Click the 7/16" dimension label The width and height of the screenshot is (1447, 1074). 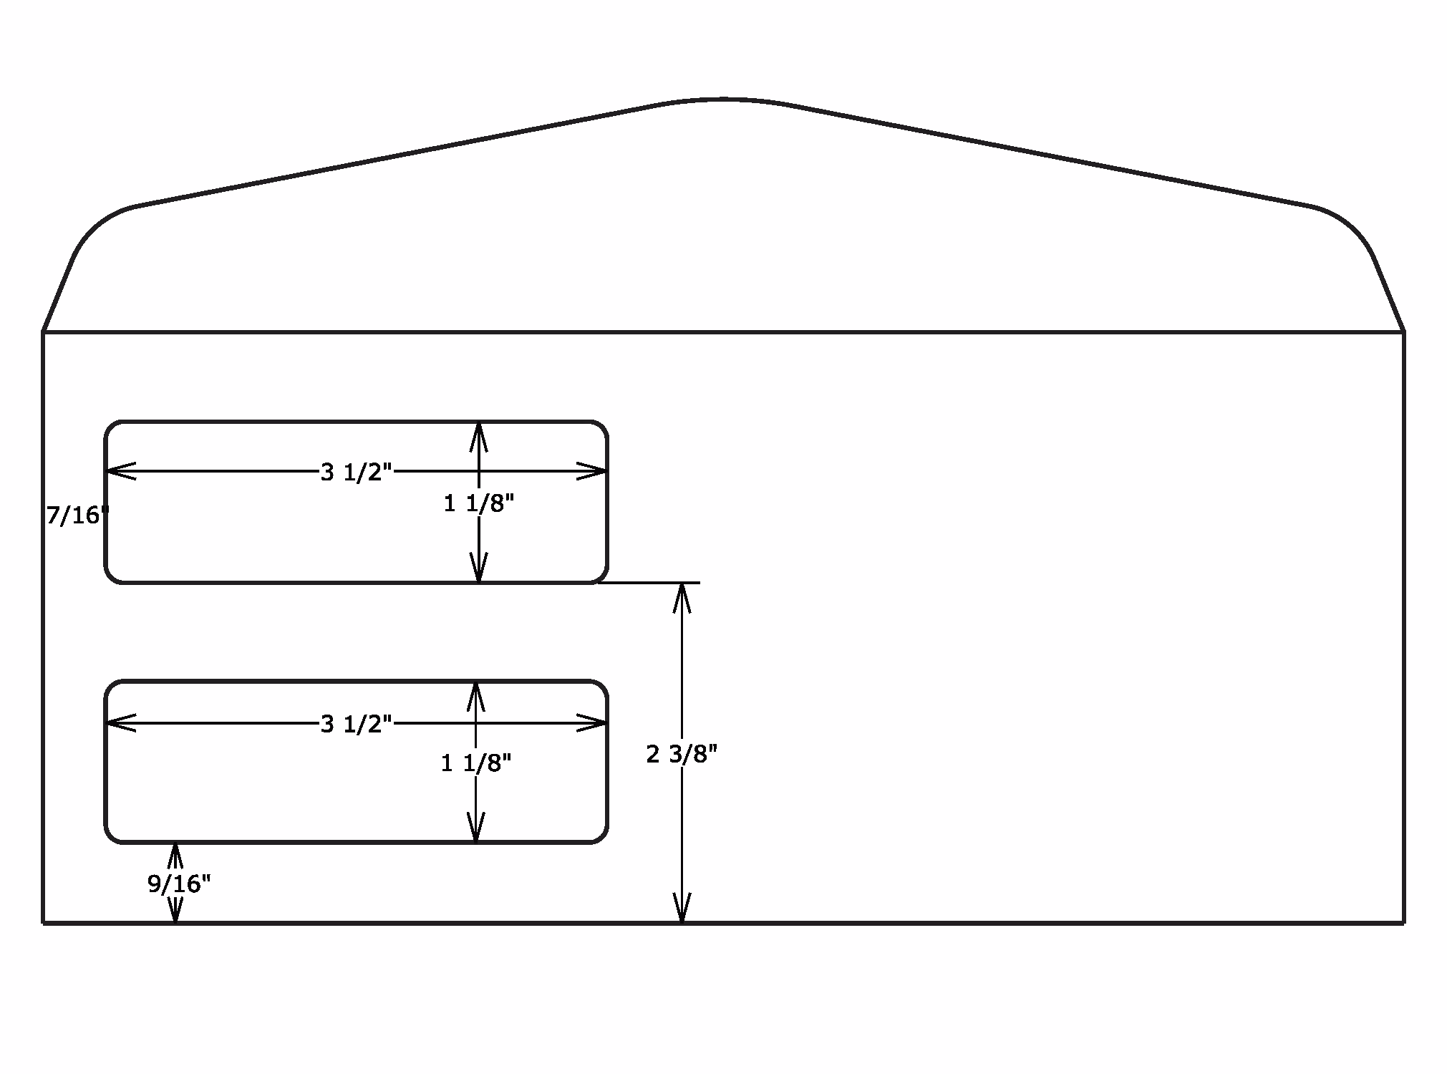point(77,516)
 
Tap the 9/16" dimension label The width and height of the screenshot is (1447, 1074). point(179,884)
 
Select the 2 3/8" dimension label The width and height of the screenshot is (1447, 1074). point(681,754)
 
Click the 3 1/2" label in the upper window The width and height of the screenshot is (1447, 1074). point(356,473)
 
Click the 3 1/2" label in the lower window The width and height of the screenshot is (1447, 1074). point(356,725)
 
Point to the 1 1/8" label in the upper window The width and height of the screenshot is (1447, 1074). point(478,504)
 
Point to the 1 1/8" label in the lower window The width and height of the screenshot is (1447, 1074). point(475,764)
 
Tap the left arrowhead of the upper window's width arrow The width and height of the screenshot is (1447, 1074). point(119,471)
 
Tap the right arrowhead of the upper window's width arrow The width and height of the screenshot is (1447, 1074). point(594,471)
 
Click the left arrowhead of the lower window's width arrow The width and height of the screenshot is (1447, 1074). point(119,723)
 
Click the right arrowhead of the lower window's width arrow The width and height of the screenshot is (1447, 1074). point(594,723)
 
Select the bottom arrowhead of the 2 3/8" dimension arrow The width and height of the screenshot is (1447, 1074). point(682,910)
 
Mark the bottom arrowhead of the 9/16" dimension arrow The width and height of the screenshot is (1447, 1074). point(175,911)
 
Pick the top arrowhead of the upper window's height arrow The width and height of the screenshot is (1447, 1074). point(479,435)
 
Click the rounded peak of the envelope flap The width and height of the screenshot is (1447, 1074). point(723,100)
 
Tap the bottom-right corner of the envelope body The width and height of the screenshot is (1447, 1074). point(1403,923)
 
